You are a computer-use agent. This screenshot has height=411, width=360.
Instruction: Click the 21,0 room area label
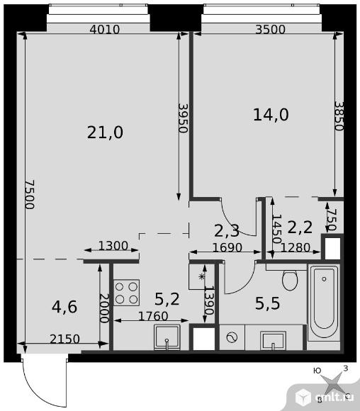pyautogui.click(x=105, y=133)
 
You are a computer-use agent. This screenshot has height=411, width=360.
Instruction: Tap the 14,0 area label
pyautogui.click(x=271, y=115)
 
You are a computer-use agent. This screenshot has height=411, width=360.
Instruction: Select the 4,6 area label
pyautogui.click(x=64, y=307)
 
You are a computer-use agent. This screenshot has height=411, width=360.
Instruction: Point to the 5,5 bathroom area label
pyautogui.click(x=267, y=303)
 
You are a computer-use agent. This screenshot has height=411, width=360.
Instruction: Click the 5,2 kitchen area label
pyautogui.click(x=167, y=299)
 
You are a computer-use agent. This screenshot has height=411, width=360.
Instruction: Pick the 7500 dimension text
pyautogui.click(x=30, y=194)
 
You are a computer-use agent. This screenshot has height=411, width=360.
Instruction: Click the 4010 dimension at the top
pyautogui.click(x=105, y=29)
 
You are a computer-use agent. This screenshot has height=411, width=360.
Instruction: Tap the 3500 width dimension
pyautogui.click(x=270, y=29)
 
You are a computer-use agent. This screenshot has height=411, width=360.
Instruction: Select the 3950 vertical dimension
pyautogui.click(x=183, y=118)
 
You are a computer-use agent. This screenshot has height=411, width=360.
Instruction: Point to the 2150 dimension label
pyautogui.click(x=64, y=339)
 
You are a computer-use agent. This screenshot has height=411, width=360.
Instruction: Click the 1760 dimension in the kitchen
pyautogui.click(x=153, y=316)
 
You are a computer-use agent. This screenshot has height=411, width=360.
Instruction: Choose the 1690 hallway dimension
pyautogui.click(x=227, y=247)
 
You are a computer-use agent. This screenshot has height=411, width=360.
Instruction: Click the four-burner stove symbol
pyautogui.click(x=126, y=293)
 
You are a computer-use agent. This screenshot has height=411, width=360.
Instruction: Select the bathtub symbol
pyautogui.click(x=324, y=303)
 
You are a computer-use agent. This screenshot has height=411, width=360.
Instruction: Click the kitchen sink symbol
pyautogui.click(x=167, y=337)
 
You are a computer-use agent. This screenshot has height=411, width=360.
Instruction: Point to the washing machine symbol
pyautogui.click(x=232, y=337)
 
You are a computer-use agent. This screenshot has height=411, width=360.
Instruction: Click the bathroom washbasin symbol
pyautogui.click(x=273, y=340)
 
